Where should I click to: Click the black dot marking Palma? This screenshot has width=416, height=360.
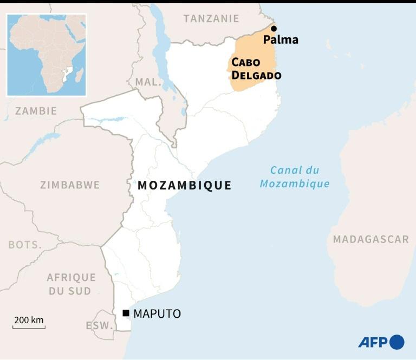coord(274,29)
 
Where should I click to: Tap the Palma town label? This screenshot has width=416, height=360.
coord(281,40)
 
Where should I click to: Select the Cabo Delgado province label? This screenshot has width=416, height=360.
coord(256,68)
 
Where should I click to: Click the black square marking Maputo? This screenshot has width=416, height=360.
coord(126,313)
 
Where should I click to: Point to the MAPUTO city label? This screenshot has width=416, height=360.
coord(157,313)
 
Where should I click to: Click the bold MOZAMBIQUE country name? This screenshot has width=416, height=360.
coord(185,186)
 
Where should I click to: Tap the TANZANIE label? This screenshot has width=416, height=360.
coord(211,18)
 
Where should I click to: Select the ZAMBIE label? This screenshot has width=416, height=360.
coord(36,111)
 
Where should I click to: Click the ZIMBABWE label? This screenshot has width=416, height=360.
coord(70,185)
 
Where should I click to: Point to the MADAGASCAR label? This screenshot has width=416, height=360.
coord(371,239)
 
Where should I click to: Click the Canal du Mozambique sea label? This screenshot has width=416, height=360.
coord(295,176)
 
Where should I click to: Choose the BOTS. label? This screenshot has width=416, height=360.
coord(25,245)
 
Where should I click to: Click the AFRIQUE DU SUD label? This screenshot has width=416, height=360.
coord(71,284)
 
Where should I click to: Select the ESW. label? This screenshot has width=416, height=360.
coord(99,326)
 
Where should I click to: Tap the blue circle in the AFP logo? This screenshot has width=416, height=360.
coord(397,342)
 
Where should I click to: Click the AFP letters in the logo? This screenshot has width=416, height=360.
coord(373,343)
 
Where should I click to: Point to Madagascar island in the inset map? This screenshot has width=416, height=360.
coord(79,75)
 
